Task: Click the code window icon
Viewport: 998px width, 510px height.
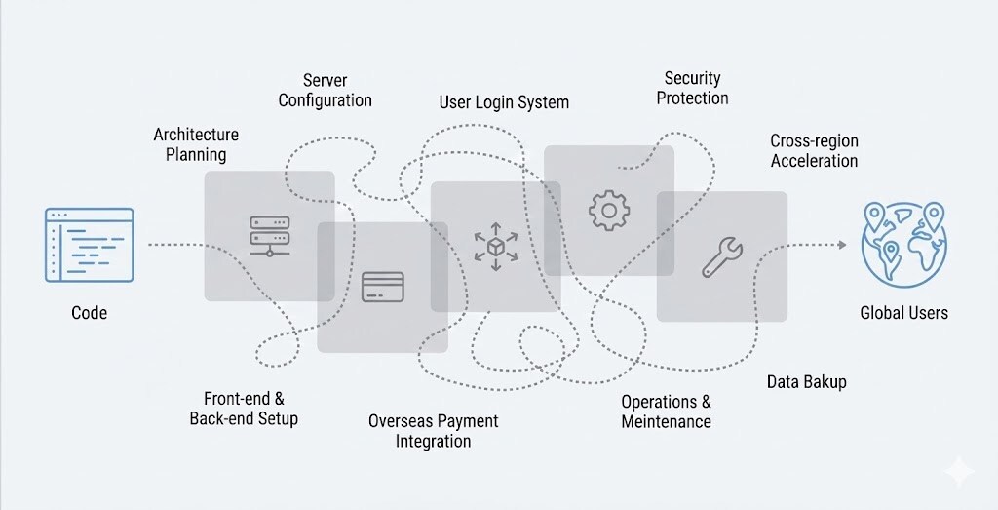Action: coord(89,244)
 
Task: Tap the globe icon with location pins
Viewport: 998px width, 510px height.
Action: coord(903,244)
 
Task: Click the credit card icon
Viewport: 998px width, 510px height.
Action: coord(382,287)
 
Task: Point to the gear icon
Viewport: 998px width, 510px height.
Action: coord(609,210)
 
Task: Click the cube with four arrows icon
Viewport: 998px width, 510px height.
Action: coord(495,246)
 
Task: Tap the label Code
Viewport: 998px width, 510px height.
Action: coord(89,313)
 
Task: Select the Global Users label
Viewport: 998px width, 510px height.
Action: coord(903,313)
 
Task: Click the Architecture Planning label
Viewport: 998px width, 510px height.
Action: coord(196,144)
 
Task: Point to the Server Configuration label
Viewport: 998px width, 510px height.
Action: coord(325,90)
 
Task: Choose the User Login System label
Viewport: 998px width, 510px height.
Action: coord(504,102)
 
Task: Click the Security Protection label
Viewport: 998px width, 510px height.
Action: coord(692,88)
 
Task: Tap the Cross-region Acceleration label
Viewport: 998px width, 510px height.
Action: coord(814,150)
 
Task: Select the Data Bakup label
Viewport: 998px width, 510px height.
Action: coord(806,381)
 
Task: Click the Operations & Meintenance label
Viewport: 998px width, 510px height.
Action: coord(667,412)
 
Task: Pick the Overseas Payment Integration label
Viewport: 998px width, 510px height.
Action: coord(433,430)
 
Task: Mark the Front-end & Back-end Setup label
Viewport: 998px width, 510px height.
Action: coord(244,408)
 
